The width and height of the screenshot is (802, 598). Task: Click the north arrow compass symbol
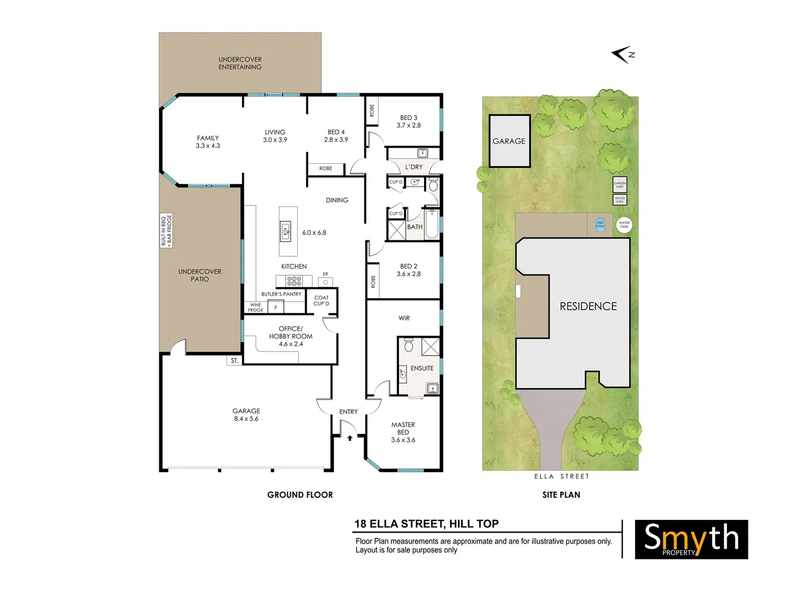pos(622,54)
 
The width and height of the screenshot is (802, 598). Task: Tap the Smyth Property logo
pos(691,539)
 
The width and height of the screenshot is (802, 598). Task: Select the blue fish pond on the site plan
pos(600,224)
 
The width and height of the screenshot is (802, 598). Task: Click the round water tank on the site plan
pos(624,225)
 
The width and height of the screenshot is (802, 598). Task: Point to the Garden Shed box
pos(620,184)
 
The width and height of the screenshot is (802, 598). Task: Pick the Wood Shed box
pos(620,199)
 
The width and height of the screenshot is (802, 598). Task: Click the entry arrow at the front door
pos(350,438)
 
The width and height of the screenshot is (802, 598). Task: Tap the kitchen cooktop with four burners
pos(294,281)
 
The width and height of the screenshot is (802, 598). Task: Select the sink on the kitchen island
pos(285,230)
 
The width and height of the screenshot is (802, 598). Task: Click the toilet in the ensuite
pos(408,346)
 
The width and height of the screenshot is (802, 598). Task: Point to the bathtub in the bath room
pos(432,224)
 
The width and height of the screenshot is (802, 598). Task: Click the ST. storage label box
pos(234,360)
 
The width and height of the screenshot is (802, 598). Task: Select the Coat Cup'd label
pos(321,301)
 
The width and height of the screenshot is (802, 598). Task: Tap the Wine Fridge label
pos(256,307)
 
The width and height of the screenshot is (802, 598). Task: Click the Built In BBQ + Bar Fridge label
pos(166,230)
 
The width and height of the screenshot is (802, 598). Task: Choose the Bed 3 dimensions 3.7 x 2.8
pos(408,126)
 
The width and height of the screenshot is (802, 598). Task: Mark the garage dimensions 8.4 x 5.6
pos(246,419)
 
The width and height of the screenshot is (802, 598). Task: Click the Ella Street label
pos(561,476)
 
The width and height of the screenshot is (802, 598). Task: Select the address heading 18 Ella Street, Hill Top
pos(426,524)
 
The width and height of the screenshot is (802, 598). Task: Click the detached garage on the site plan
pos(509,141)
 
